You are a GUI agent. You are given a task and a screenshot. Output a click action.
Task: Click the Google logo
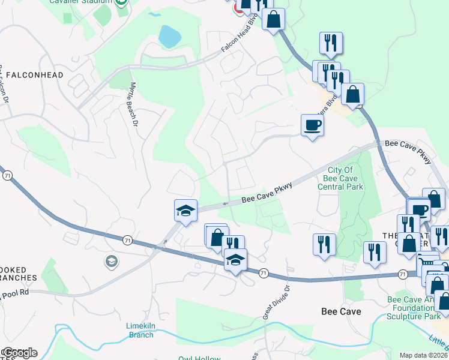pos(20,353)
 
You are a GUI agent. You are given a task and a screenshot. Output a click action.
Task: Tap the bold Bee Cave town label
pos(341,311)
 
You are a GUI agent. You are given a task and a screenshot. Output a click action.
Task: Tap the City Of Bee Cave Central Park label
pos(343,178)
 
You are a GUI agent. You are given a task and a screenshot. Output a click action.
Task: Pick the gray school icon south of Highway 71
pos(111,261)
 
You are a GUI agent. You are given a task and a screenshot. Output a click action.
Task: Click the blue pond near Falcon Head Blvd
pos(169,37)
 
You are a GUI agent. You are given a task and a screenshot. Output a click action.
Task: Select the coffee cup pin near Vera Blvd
pos(312,126)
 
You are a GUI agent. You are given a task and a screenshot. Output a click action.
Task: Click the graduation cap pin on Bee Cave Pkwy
pos(185,211)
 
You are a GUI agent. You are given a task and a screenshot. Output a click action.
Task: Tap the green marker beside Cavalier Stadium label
pos(122,2)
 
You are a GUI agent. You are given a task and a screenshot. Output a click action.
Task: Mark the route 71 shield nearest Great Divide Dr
pos(264,273)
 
